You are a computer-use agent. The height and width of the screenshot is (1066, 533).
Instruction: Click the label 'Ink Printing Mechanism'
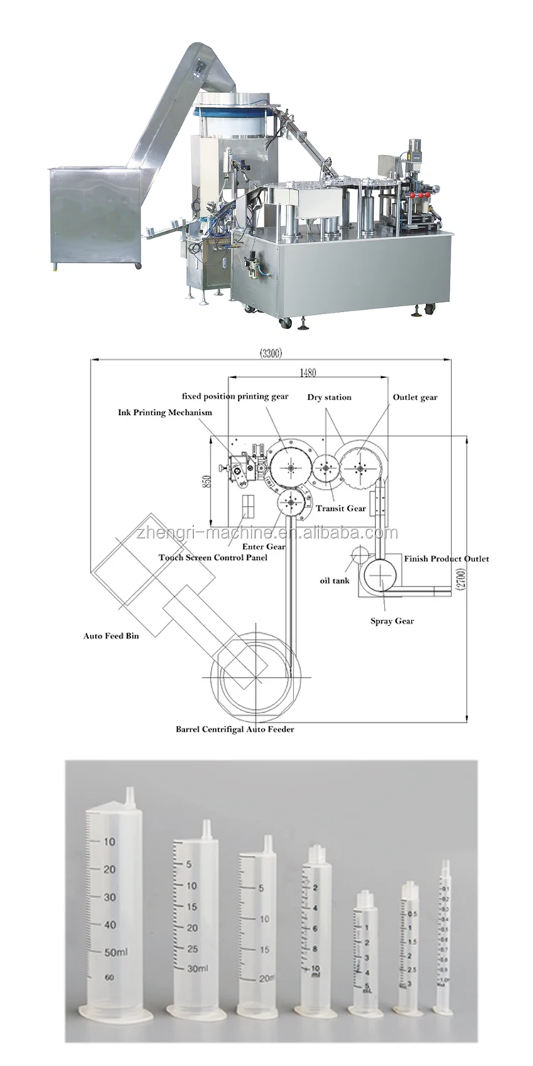point(165,412)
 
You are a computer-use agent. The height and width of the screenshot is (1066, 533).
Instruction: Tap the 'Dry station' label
point(329,397)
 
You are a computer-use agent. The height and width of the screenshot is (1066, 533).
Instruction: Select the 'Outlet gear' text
point(415,397)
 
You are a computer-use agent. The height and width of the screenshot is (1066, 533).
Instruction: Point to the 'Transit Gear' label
point(341,508)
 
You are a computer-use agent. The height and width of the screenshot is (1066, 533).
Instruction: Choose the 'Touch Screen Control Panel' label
point(213,558)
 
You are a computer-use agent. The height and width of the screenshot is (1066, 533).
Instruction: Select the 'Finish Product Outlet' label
point(446,559)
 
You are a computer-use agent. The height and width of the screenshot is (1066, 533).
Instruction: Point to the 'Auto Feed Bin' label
point(111,635)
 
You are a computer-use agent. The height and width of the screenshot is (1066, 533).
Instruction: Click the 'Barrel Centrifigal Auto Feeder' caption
point(235,729)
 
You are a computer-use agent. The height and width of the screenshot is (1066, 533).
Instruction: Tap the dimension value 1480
point(308,372)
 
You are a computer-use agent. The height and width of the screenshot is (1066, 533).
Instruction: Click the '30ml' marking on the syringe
point(197,969)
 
